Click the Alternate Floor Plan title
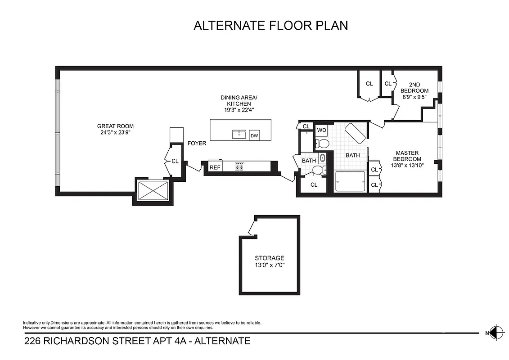click(x=270, y=25)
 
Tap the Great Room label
click(x=115, y=126)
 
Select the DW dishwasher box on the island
click(x=254, y=135)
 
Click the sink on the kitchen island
click(x=239, y=135)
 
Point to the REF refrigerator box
click(x=215, y=167)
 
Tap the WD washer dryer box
click(x=321, y=130)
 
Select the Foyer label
click(x=197, y=144)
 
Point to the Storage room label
click(x=270, y=258)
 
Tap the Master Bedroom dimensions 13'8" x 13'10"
click(x=407, y=165)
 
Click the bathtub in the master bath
click(x=350, y=182)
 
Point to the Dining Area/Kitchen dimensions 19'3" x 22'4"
click(x=239, y=110)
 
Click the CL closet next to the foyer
click(x=175, y=161)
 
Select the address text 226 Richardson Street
click(x=137, y=341)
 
